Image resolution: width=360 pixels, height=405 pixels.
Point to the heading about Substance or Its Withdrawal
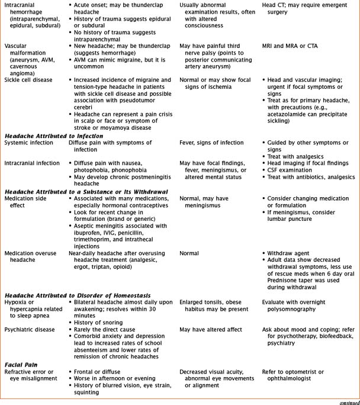coord(86,191)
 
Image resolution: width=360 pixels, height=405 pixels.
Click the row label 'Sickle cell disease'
coord(28,79)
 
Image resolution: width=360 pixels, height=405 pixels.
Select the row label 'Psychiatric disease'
coord(31,329)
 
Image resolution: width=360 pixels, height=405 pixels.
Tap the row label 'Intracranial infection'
coord(33,163)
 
